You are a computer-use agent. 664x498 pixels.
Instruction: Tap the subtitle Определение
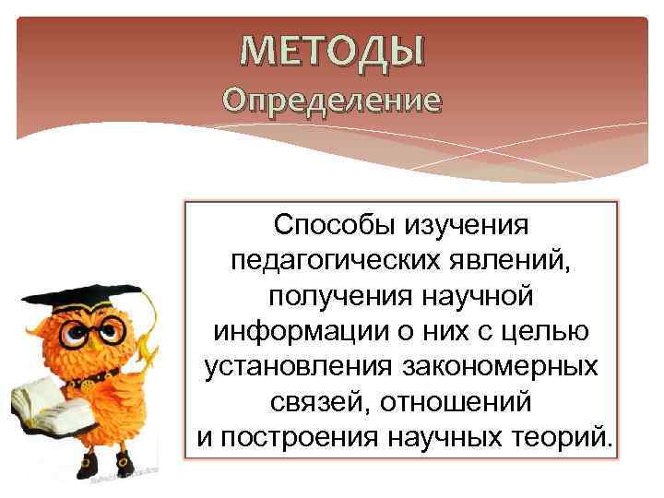332,100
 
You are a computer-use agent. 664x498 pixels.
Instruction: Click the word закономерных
505,365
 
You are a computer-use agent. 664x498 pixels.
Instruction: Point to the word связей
312,400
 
